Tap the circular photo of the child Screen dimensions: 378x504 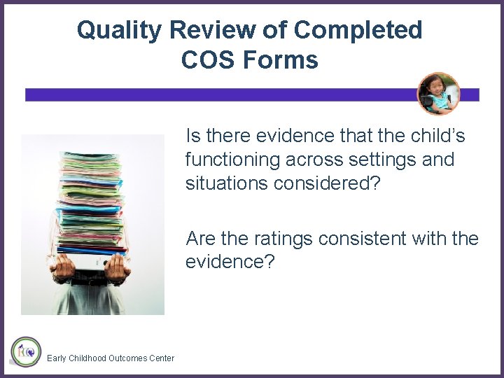(x=439, y=94)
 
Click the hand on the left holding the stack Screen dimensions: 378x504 (x=64, y=265)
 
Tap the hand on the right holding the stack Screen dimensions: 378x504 (x=120, y=265)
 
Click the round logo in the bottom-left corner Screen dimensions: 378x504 (x=26, y=351)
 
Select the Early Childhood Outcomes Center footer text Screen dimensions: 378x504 (x=111, y=358)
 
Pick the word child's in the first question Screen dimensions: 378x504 (x=436, y=135)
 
